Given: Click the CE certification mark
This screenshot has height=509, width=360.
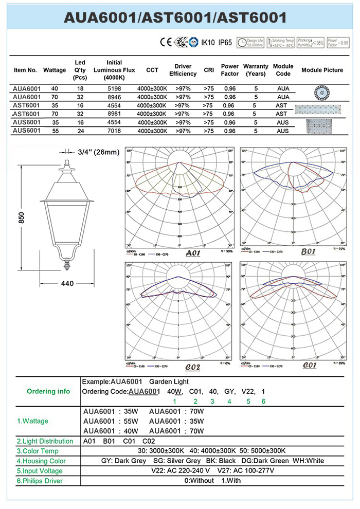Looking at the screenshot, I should pyautogui.click(x=166, y=42).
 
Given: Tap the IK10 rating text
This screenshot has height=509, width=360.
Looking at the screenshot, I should pyautogui.click(x=207, y=43).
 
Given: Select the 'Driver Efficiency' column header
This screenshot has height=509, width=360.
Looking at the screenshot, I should pyautogui.click(x=183, y=70).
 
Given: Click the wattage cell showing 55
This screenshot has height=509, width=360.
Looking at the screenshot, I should pyautogui.click(x=55, y=131).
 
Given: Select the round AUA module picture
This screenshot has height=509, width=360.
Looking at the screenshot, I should pyautogui.click(x=320, y=93).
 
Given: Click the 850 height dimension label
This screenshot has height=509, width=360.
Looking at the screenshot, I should pyautogui.click(x=22, y=217).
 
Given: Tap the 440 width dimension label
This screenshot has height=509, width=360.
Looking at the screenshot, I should pyautogui.click(x=67, y=283).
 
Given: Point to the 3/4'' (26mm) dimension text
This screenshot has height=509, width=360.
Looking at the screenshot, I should pyautogui.click(x=99, y=152).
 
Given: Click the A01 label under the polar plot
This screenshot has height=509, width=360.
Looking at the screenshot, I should pyautogui.click(x=192, y=253).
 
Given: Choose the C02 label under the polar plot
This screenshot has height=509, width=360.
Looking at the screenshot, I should pyautogui.click(x=192, y=367).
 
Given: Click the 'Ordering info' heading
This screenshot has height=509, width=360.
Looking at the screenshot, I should pyautogui.click(x=48, y=391).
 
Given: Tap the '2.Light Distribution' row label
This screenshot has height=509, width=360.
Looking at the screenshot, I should pyautogui.click(x=45, y=441).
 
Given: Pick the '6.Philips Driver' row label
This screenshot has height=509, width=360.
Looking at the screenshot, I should pyautogui.click(x=40, y=481).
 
